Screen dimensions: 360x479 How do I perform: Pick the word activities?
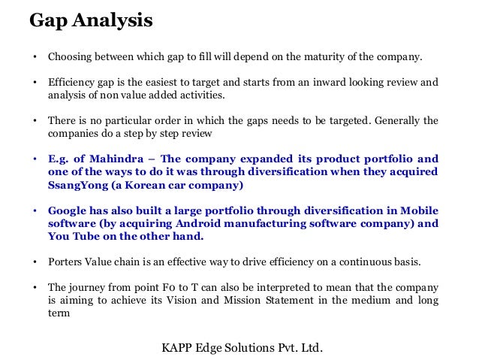(x=201, y=95)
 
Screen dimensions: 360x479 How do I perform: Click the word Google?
(x=68, y=210)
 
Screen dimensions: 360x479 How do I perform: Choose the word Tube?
(x=80, y=237)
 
